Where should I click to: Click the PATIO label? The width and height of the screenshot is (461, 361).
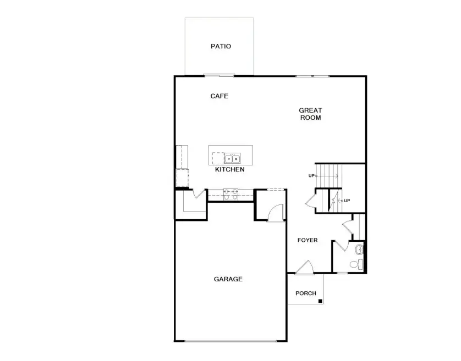pyautogui.click(x=221, y=46)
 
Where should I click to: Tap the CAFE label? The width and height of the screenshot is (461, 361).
pyautogui.click(x=219, y=96)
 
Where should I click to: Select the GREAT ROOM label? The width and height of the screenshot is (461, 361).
pyautogui.click(x=310, y=114)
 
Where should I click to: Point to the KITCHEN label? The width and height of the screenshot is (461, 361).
pyautogui.click(x=229, y=170)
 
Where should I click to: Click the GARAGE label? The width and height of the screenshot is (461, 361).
pyautogui.click(x=228, y=279)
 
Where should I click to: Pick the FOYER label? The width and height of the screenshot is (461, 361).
pyautogui.click(x=308, y=240)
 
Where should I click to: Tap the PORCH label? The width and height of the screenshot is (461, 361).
pyautogui.click(x=306, y=293)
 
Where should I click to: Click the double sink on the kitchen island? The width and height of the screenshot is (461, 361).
pyautogui.click(x=232, y=159)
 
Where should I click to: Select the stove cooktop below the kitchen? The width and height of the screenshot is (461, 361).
pyautogui.click(x=230, y=193)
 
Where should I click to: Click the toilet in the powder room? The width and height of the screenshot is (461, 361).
pyautogui.click(x=356, y=265)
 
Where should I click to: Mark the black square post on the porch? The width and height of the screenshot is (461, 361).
pyautogui.click(x=320, y=301)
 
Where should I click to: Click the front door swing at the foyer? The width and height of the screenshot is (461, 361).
pyautogui.click(x=304, y=267)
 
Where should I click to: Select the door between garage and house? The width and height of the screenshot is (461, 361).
pyautogui.click(x=275, y=213)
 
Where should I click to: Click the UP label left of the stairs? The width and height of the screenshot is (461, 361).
pyautogui.click(x=311, y=176)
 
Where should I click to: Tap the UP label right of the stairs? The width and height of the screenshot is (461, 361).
pyautogui.click(x=347, y=201)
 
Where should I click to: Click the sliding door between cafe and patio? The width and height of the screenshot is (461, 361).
pyautogui.click(x=219, y=75)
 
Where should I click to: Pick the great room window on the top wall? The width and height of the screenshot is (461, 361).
pyautogui.click(x=312, y=76)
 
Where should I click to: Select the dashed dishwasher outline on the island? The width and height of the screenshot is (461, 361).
pyautogui.click(x=217, y=158)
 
